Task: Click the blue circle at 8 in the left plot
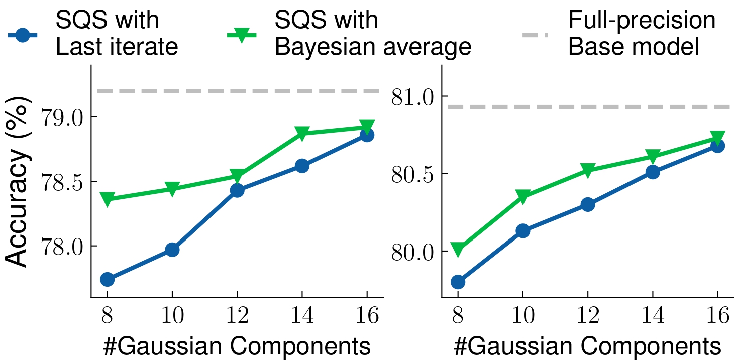tap(107, 279)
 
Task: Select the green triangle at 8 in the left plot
tap(107, 199)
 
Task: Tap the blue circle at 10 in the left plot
tap(172, 250)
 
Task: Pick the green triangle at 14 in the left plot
tap(302, 133)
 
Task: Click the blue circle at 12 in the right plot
tap(588, 204)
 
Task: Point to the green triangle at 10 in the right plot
tap(523, 196)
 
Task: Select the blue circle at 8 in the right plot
tap(458, 282)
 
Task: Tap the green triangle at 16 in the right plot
tap(717, 137)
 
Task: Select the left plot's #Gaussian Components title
tap(237, 346)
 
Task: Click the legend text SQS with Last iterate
tap(117, 34)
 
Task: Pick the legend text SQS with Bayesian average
tap(372, 34)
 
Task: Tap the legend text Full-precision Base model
tap(642, 34)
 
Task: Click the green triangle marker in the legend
tap(242, 35)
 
